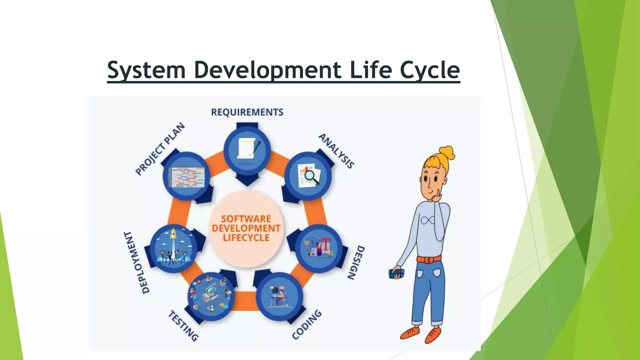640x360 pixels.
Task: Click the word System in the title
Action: [x=146, y=70]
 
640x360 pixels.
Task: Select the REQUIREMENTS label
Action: [x=247, y=112]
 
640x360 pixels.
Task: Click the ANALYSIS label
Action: [x=336, y=151]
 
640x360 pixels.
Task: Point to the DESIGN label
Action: [x=356, y=262]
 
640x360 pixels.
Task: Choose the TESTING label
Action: [x=183, y=326]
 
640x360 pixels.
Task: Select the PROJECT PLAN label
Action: [x=160, y=149]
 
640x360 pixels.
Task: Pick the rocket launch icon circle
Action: [x=174, y=248]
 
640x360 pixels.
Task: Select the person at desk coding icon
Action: [x=279, y=296]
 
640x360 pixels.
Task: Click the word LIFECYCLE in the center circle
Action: [x=246, y=238]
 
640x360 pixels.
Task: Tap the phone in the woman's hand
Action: [x=397, y=274]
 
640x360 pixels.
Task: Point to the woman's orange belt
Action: [x=429, y=259]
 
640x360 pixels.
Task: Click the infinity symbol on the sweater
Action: [x=427, y=221]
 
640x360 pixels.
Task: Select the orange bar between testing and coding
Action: [x=245, y=301]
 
